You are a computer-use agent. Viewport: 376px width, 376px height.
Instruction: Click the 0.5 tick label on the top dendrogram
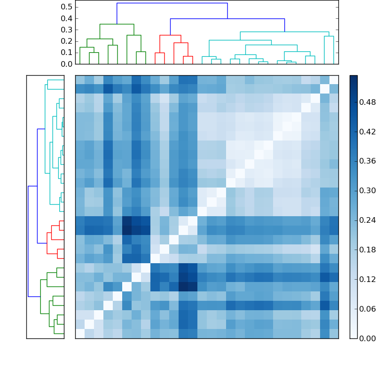click(67, 7)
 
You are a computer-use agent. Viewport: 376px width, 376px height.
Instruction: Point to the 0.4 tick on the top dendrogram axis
click(67, 18)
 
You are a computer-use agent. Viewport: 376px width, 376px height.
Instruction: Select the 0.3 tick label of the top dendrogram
click(67, 30)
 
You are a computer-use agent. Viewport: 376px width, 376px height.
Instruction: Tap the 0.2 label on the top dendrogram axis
click(67, 41)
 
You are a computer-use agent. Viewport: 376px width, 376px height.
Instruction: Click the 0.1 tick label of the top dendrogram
click(67, 53)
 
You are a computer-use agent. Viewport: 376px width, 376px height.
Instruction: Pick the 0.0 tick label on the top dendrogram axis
click(67, 64)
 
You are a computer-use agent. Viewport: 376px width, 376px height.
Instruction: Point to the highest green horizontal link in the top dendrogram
click(117, 24)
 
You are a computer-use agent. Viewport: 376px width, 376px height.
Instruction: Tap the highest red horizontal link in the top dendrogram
click(170, 35)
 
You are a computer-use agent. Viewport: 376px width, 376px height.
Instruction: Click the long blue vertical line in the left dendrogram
click(28, 241)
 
